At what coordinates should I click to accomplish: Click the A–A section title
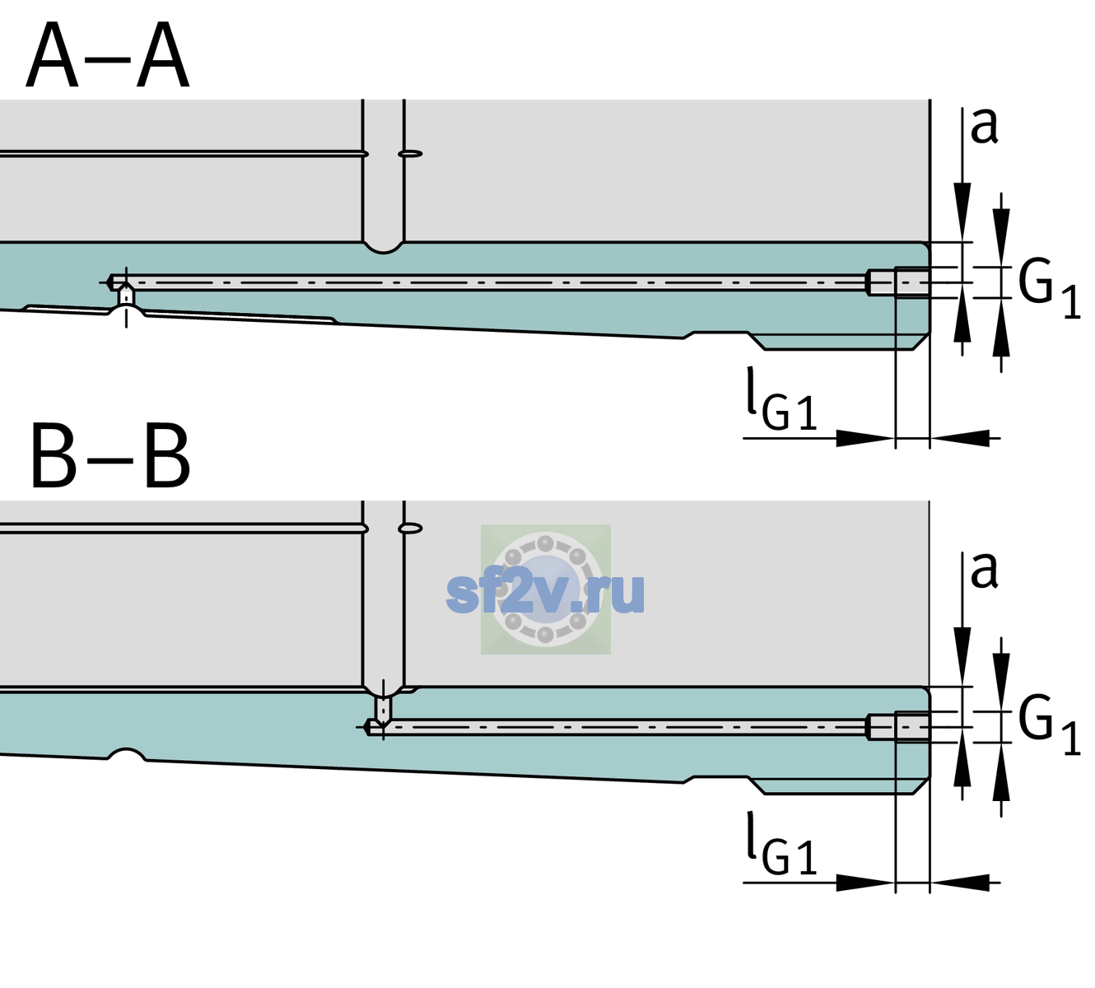108,56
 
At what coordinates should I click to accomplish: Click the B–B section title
111,456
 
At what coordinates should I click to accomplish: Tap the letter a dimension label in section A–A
984,127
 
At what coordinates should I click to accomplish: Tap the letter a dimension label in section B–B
984,571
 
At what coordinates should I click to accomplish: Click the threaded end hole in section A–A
898,282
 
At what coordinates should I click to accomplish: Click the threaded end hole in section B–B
898,727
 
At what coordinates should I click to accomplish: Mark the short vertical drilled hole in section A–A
126,296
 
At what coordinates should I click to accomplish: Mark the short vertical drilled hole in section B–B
384,709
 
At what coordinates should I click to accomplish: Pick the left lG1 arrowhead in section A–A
866,438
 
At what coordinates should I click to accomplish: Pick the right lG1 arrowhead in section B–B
960,882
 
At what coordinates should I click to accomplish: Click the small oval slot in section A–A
410,154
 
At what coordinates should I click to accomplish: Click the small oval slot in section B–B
410,529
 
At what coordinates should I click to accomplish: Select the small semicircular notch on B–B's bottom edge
127,753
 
